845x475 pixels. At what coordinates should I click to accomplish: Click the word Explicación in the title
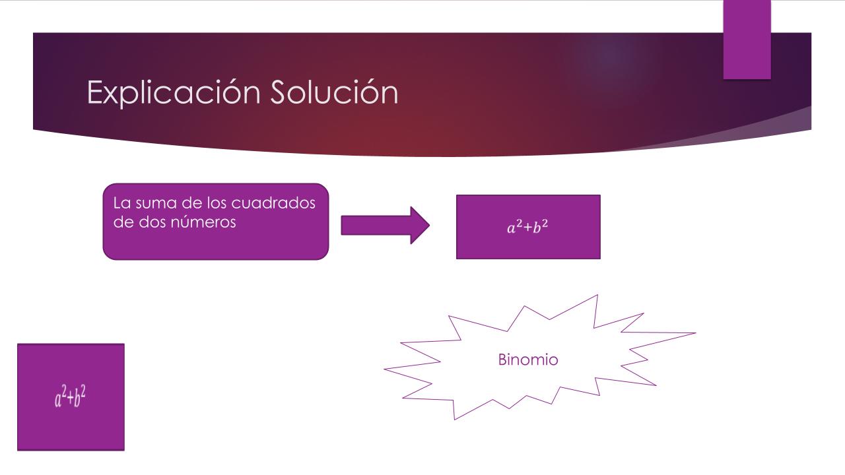[174, 93]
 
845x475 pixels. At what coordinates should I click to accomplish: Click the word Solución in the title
[334, 92]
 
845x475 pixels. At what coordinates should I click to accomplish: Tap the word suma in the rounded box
[156, 204]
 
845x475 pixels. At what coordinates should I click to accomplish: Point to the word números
[203, 222]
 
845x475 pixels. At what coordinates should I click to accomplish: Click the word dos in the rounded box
[152, 222]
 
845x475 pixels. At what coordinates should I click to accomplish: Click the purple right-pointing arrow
[385, 226]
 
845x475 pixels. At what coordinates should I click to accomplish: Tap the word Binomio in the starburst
[528, 360]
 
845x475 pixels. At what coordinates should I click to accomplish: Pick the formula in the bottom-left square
[71, 396]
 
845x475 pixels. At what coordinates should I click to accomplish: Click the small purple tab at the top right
[747, 40]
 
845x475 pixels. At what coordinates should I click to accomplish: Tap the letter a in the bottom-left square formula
[58, 400]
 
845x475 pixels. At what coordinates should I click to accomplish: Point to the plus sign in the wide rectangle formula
[527, 228]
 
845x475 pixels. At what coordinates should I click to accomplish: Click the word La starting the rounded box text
[122, 203]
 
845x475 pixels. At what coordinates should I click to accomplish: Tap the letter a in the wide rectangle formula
[511, 228]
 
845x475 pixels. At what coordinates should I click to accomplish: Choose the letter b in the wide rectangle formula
[537, 228]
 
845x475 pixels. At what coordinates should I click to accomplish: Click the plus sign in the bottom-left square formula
[70, 398]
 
